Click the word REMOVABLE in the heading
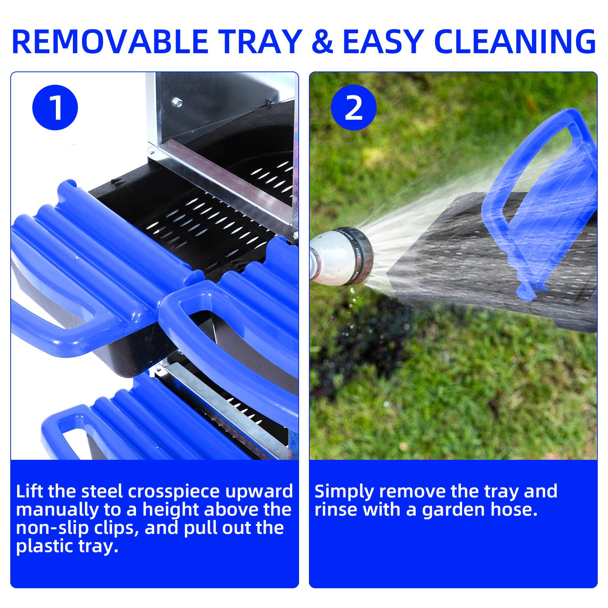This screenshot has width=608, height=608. tap(110, 41)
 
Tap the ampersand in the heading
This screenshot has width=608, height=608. tap(322, 41)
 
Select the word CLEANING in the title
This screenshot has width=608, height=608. tap(515, 41)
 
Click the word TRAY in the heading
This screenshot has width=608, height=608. tap(260, 41)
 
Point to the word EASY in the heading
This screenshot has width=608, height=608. tap(384, 41)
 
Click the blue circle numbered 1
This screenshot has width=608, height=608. tap(55, 108)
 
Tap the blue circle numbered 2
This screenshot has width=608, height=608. tap(354, 108)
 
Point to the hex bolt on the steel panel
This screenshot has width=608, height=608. tap(176, 102)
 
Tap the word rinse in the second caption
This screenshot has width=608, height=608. tap(336, 510)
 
